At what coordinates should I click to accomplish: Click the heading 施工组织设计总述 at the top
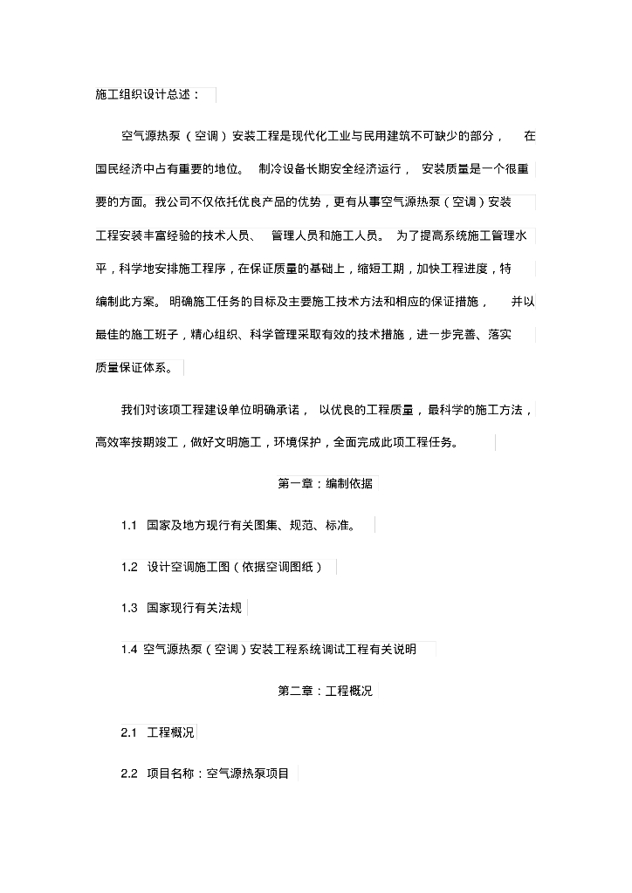(148, 94)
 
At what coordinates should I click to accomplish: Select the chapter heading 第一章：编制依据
(325, 484)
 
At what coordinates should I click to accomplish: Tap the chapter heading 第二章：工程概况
(325, 692)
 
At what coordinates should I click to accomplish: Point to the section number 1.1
(129, 526)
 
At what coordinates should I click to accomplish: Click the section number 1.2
(129, 568)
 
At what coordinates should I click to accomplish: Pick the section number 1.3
(129, 609)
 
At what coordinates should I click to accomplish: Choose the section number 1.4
(129, 650)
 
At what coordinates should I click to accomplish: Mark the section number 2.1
(129, 733)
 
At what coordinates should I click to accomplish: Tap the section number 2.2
(129, 774)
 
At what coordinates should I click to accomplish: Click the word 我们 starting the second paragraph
(132, 409)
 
